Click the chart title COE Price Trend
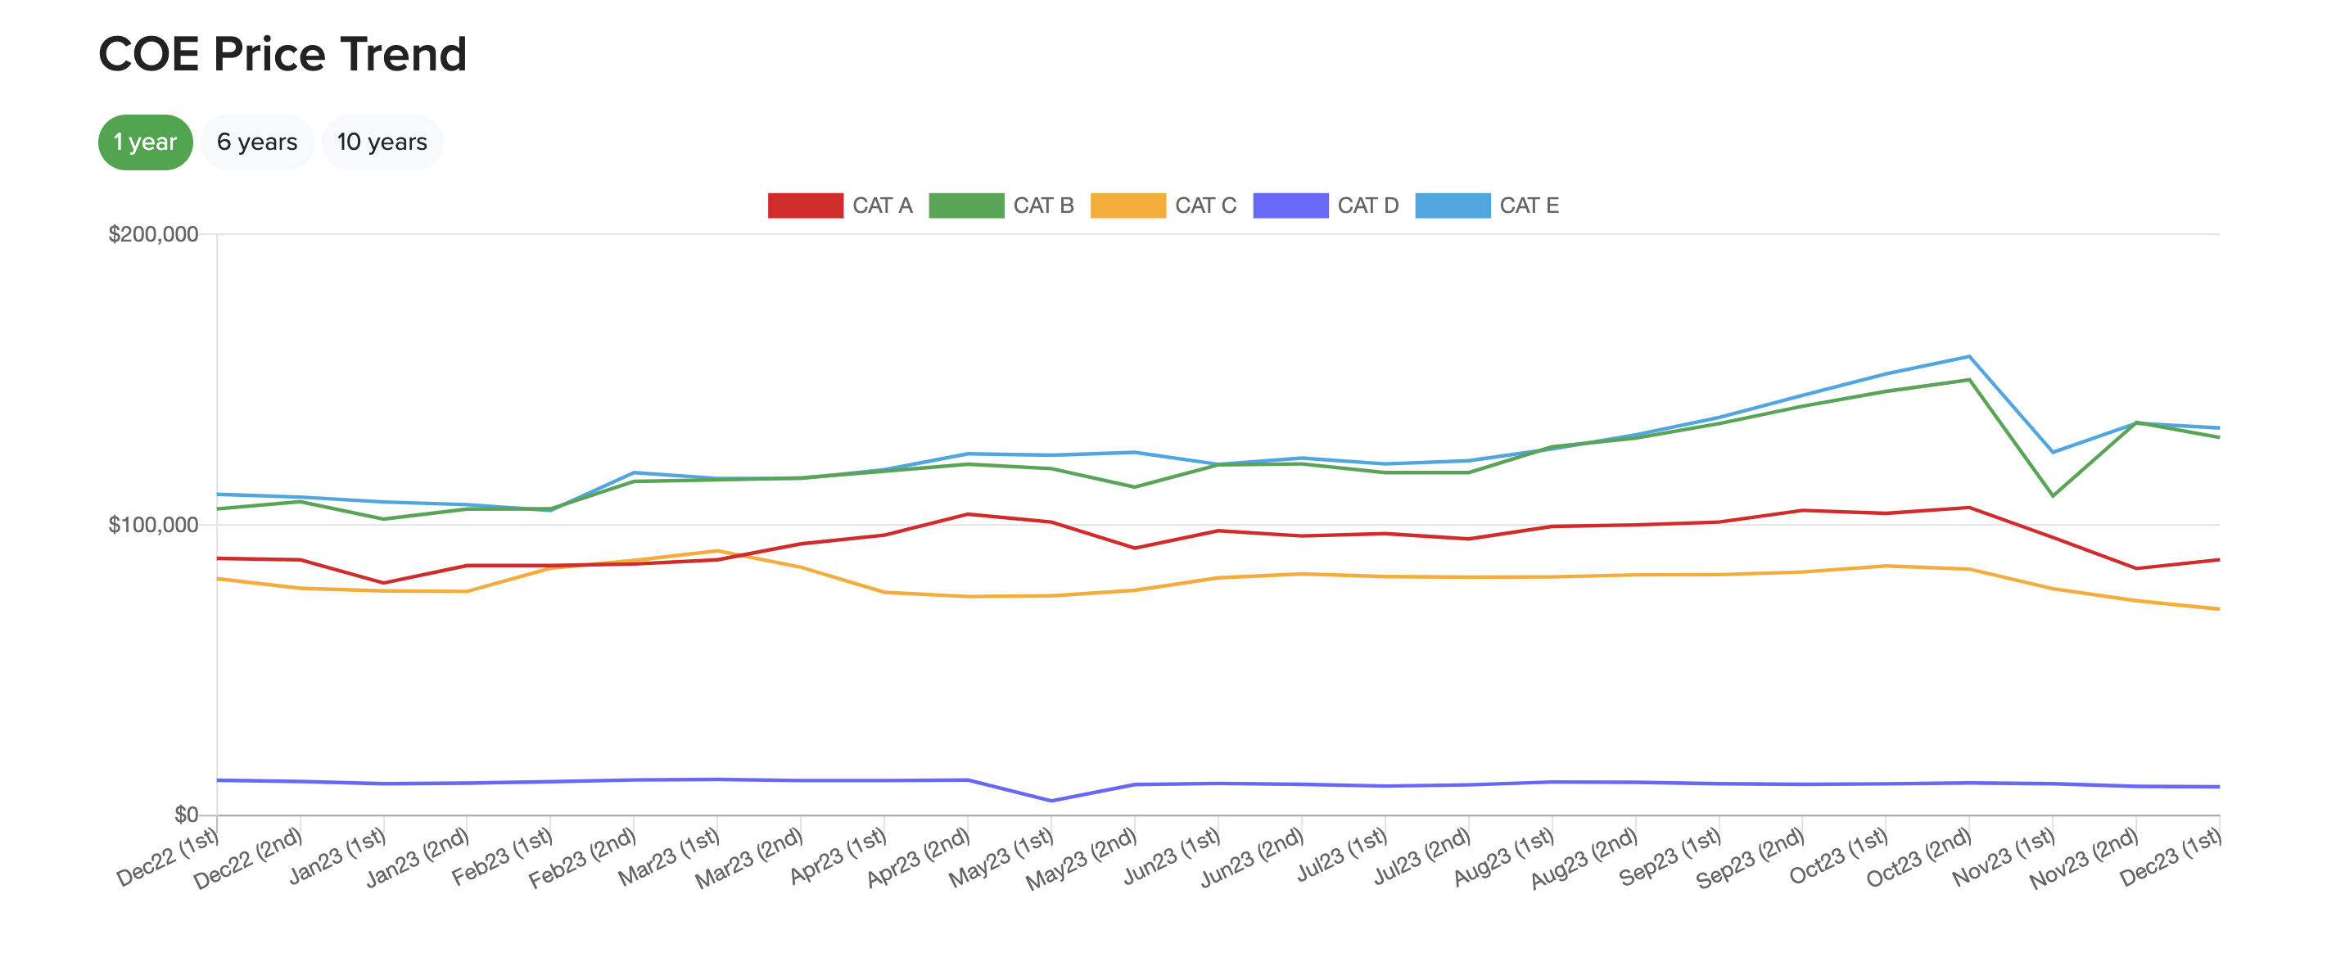[282, 54]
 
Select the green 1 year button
[145, 142]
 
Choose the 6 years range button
[256, 142]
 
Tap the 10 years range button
[382, 142]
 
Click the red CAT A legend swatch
[804, 205]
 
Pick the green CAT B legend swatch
[965, 205]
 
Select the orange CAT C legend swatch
[1127, 205]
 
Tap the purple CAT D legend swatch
[1290, 205]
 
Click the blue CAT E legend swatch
[1452, 205]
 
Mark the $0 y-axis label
[185, 815]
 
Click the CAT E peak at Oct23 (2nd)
[1968, 356]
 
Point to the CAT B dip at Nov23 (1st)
[2053, 496]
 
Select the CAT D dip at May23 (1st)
[1051, 801]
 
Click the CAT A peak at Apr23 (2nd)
[968, 514]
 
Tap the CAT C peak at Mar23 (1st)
[716, 550]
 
